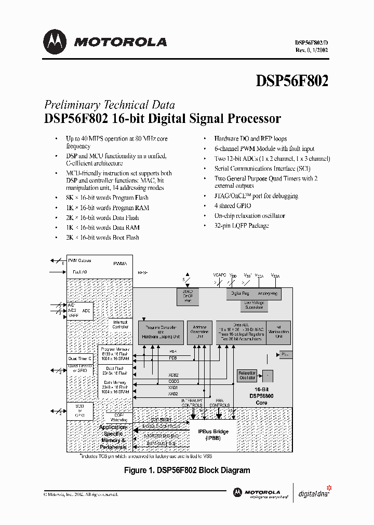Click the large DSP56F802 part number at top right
point(292,81)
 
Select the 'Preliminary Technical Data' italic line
point(109,104)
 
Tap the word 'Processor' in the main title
point(253,118)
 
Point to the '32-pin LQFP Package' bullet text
point(242,226)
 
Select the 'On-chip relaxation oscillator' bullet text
point(249,216)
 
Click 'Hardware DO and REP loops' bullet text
point(250,139)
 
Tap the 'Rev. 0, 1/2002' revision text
point(311,50)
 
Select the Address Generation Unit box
point(199,331)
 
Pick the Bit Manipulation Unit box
point(278,331)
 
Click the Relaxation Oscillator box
point(246,375)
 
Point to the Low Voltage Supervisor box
point(254,306)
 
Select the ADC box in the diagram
point(86,310)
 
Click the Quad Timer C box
point(80,358)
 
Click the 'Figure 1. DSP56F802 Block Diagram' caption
point(186,471)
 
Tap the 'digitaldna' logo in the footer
point(313,493)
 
